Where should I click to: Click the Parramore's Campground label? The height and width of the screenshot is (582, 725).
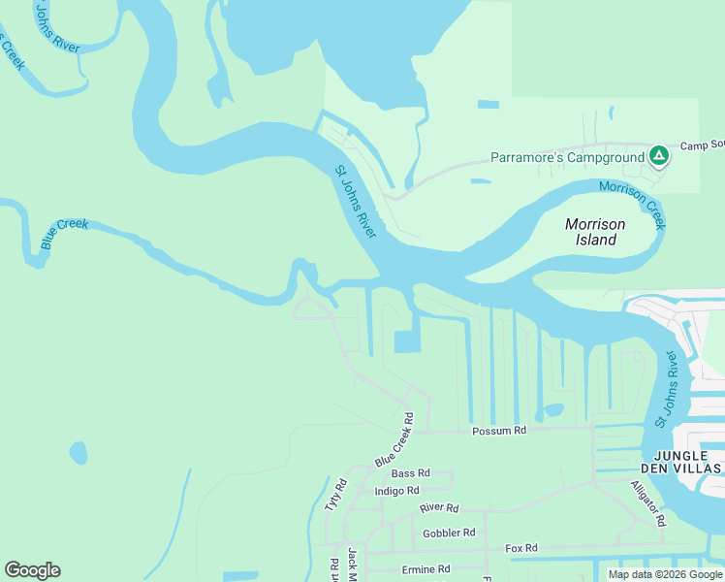tap(567, 157)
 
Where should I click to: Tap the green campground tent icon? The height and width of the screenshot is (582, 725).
tap(658, 155)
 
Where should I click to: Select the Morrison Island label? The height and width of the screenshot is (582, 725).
tap(595, 232)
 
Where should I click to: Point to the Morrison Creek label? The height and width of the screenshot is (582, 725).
tap(633, 205)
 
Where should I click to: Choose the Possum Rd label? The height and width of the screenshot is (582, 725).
tap(498, 431)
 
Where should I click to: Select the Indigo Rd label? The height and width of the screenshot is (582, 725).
tap(396, 491)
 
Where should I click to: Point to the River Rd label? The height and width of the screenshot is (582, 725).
tap(438, 507)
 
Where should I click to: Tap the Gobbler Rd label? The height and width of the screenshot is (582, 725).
tap(449, 533)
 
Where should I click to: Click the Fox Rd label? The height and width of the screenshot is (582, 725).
tap(520, 548)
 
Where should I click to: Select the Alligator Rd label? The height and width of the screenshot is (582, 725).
tap(647, 502)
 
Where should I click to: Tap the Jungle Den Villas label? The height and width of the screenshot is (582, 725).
tap(687, 462)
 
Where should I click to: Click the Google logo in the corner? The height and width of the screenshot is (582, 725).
tap(32, 570)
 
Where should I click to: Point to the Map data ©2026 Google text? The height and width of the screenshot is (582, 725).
tap(664, 574)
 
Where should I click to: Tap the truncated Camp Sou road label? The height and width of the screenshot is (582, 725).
tap(702, 145)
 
